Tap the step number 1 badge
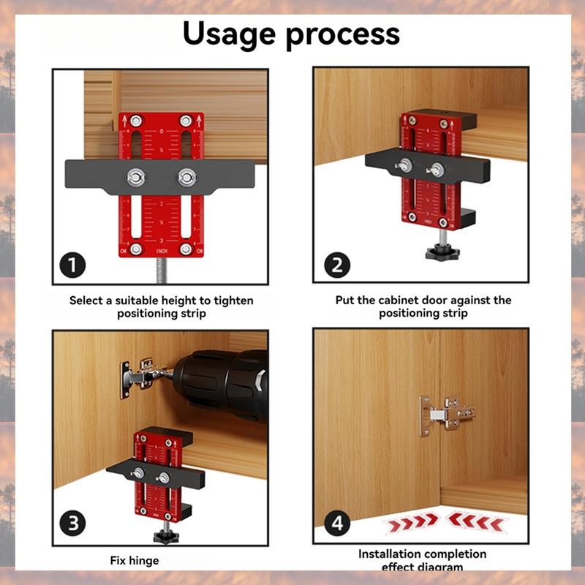(x=73, y=265)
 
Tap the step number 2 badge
(x=335, y=265)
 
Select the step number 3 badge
(x=73, y=524)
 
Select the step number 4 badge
(x=335, y=524)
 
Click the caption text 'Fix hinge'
(x=135, y=561)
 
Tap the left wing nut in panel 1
(x=135, y=176)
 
